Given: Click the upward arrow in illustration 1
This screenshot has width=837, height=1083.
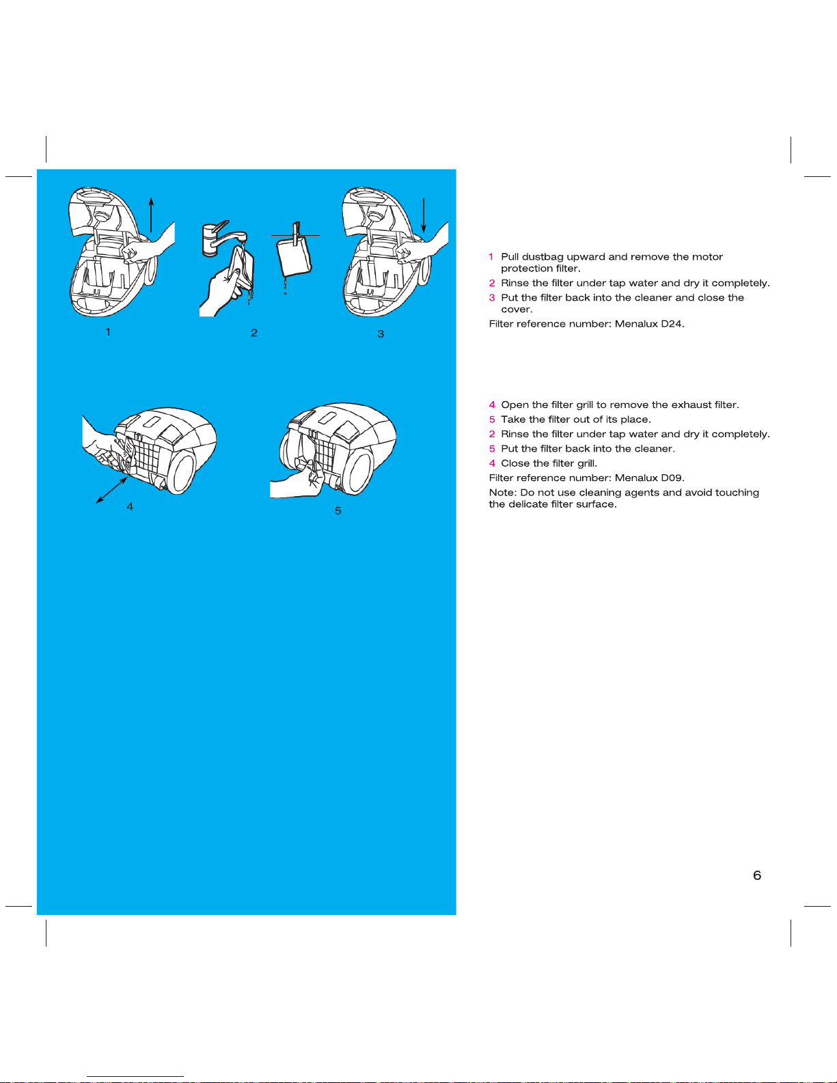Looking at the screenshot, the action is [x=151, y=215].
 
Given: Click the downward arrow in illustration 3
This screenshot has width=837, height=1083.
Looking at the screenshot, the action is [x=424, y=215].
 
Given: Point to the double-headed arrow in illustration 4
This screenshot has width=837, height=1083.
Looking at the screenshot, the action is [x=111, y=491].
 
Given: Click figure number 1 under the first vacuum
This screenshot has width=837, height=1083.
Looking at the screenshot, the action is [x=108, y=332].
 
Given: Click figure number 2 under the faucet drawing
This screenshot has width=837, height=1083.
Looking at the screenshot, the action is [x=254, y=333].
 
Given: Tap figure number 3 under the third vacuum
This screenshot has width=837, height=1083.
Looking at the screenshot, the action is [x=381, y=334].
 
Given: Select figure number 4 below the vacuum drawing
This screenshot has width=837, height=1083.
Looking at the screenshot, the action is [x=130, y=507].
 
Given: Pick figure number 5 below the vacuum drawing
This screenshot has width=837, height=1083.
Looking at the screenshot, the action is [x=338, y=511].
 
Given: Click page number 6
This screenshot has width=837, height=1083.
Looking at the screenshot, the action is [x=757, y=875].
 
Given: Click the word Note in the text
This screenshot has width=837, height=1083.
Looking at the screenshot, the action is [x=502, y=493].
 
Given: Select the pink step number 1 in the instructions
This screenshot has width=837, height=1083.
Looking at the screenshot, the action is [x=491, y=257].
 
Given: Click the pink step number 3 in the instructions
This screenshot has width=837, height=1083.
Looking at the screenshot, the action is [x=492, y=297].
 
